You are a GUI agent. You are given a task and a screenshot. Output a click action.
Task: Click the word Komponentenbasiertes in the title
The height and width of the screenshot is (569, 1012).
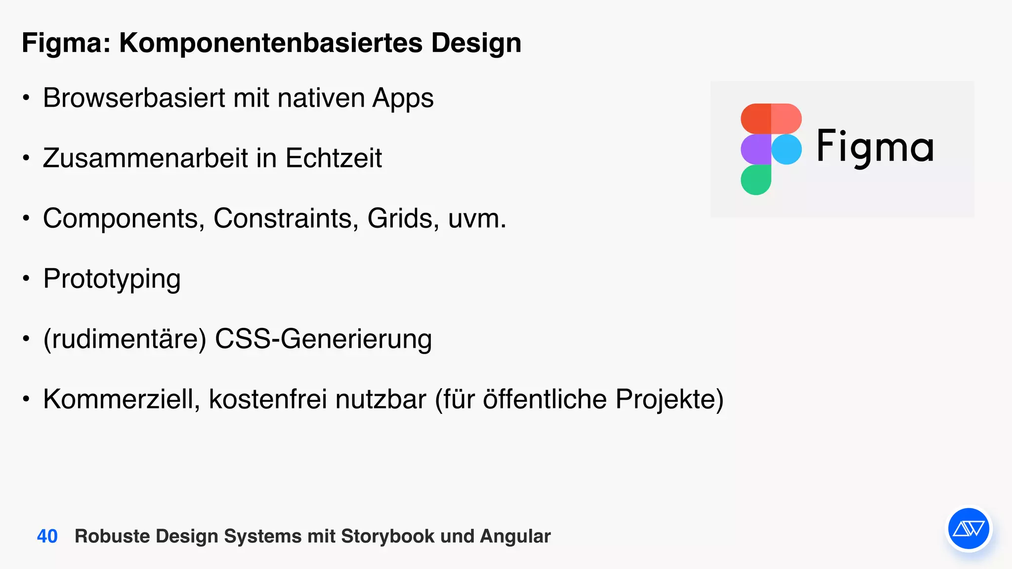pos(271,43)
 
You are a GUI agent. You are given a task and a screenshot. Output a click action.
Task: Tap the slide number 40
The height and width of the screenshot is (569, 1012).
pos(47,536)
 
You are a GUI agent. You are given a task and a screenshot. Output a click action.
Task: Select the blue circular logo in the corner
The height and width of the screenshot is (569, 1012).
pos(969,529)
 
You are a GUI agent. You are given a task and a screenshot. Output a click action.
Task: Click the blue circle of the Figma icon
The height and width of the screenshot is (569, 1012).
pos(786,149)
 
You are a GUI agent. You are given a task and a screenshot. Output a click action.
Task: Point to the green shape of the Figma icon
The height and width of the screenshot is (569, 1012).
pos(756,180)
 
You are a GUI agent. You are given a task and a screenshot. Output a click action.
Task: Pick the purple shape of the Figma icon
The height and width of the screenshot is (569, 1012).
pos(756,149)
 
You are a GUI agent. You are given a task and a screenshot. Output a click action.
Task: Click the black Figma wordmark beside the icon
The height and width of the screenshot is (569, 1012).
pos(875,147)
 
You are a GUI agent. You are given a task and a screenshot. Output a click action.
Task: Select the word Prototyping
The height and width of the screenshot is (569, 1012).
pos(112,279)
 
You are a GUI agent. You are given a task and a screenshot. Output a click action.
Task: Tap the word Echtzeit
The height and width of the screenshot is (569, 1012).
pos(334,158)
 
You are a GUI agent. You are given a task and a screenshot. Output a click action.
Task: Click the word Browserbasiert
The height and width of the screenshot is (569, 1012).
pos(134,98)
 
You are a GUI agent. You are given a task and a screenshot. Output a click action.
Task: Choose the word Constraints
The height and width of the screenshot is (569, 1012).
pos(286,218)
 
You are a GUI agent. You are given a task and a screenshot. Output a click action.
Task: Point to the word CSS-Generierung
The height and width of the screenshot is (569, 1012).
pos(323,339)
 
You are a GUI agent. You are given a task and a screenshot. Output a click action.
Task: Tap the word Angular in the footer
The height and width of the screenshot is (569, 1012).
pos(515,536)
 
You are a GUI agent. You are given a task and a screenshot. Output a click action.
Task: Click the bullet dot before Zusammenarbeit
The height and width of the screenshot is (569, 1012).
pos(26,159)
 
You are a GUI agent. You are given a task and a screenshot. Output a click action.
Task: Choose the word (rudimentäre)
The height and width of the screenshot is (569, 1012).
pos(125,339)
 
